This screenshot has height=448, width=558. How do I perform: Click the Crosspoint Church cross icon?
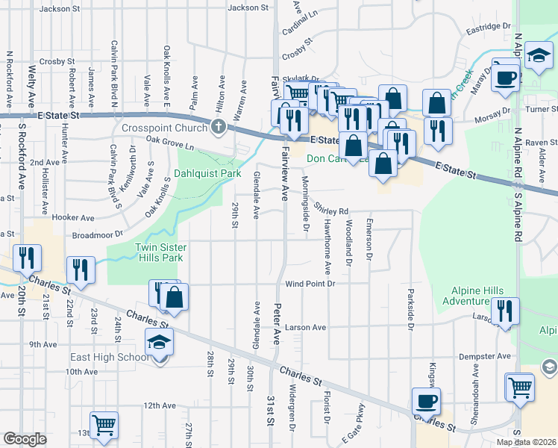pos(219,126)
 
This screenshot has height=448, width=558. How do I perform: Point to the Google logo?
pos(25,439)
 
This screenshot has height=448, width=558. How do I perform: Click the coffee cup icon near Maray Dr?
pos(506,77)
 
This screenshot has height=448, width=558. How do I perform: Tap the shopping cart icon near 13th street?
pos(104,424)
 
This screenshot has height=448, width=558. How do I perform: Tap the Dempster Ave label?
pos(485,356)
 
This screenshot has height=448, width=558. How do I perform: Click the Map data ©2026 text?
pos(526,442)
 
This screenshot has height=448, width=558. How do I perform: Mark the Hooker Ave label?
pos(73,218)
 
